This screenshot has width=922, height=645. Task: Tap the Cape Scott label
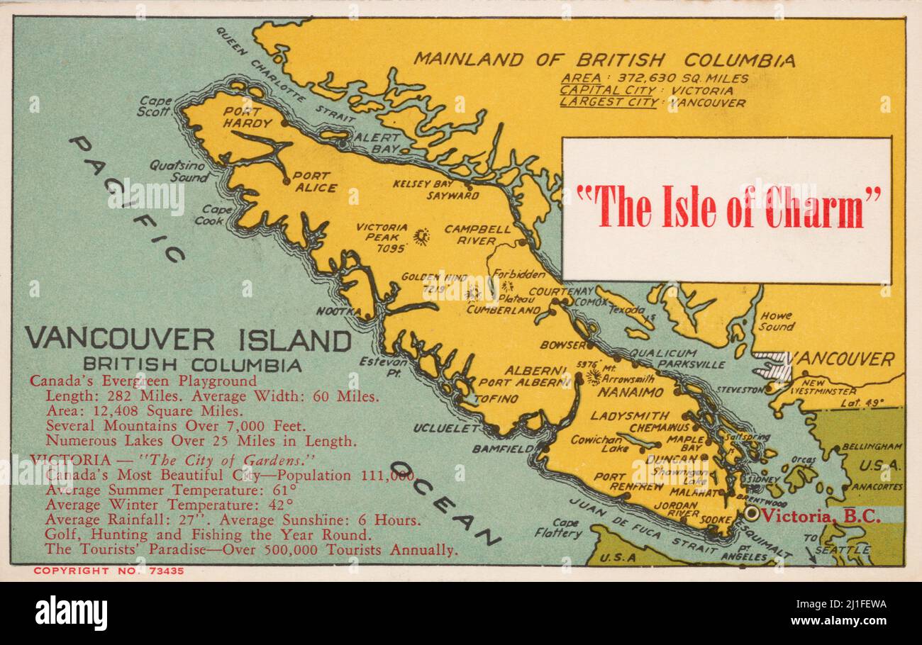click(154, 106)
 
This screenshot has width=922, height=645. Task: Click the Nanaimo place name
click(631, 392)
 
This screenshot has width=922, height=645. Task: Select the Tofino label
click(496, 399)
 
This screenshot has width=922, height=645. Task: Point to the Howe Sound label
click(776, 321)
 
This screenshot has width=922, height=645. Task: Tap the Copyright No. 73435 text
click(109, 571)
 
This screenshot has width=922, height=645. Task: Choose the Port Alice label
click(311, 181)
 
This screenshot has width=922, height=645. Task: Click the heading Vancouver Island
click(188, 340)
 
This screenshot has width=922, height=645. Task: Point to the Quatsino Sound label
click(177, 171)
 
